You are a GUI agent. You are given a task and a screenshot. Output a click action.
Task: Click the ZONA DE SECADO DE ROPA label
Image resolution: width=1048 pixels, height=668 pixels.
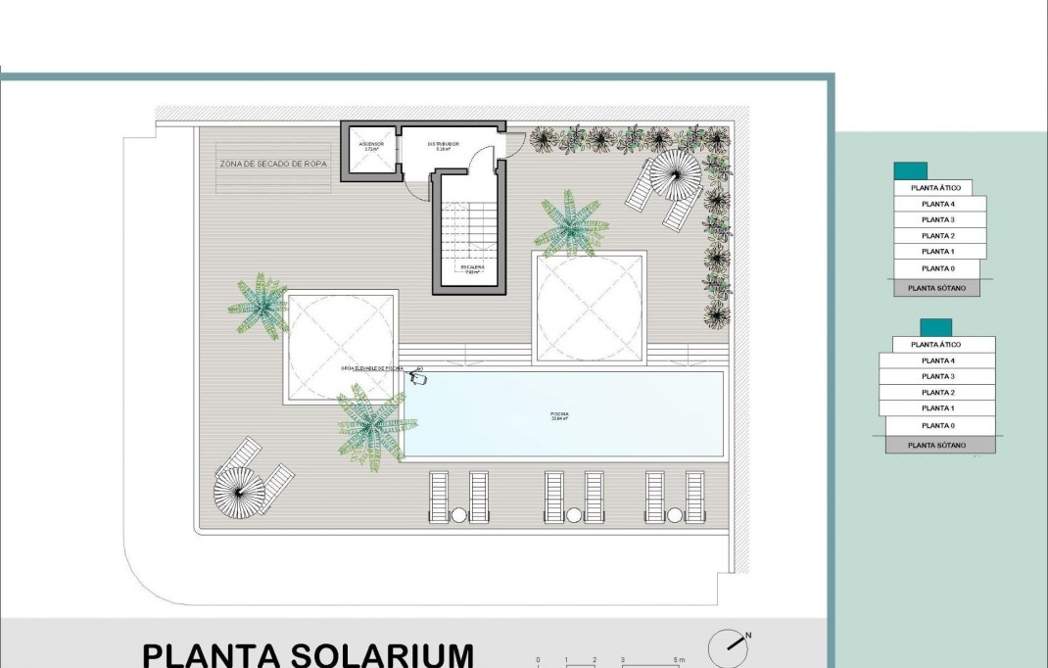(x=273, y=165)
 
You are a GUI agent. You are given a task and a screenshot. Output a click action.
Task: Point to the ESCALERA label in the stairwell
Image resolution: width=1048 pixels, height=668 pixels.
(x=471, y=267)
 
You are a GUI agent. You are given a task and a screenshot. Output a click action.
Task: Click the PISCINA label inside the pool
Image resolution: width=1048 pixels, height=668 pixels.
(x=559, y=416)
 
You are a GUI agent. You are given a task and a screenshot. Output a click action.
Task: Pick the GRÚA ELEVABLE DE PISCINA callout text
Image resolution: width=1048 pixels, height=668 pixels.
(x=372, y=368)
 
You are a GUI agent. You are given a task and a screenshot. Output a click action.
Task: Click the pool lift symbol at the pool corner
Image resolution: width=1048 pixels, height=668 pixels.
(x=418, y=376)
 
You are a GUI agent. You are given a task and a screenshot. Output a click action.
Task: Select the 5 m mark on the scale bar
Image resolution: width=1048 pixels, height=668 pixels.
(x=679, y=660)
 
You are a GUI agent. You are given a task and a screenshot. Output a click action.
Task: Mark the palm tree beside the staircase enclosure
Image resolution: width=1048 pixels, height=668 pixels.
(x=571, y=224)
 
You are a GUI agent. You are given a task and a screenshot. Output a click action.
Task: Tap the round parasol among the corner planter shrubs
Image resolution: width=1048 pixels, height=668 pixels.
(x=677, y=174)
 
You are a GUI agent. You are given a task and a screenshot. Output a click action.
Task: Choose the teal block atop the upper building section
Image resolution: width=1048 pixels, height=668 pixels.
(x=910, y=170)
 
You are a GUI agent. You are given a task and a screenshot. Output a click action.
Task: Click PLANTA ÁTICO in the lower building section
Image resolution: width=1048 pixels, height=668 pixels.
(x=935, y=345)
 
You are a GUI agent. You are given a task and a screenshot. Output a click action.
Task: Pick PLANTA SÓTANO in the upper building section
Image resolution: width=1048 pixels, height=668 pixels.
(x=935, y=288)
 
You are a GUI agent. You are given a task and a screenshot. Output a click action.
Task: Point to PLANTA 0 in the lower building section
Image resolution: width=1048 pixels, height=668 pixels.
(x=937, y=425)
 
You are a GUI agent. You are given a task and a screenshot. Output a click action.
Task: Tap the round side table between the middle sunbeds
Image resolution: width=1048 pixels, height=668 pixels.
(x=574, y=514)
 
